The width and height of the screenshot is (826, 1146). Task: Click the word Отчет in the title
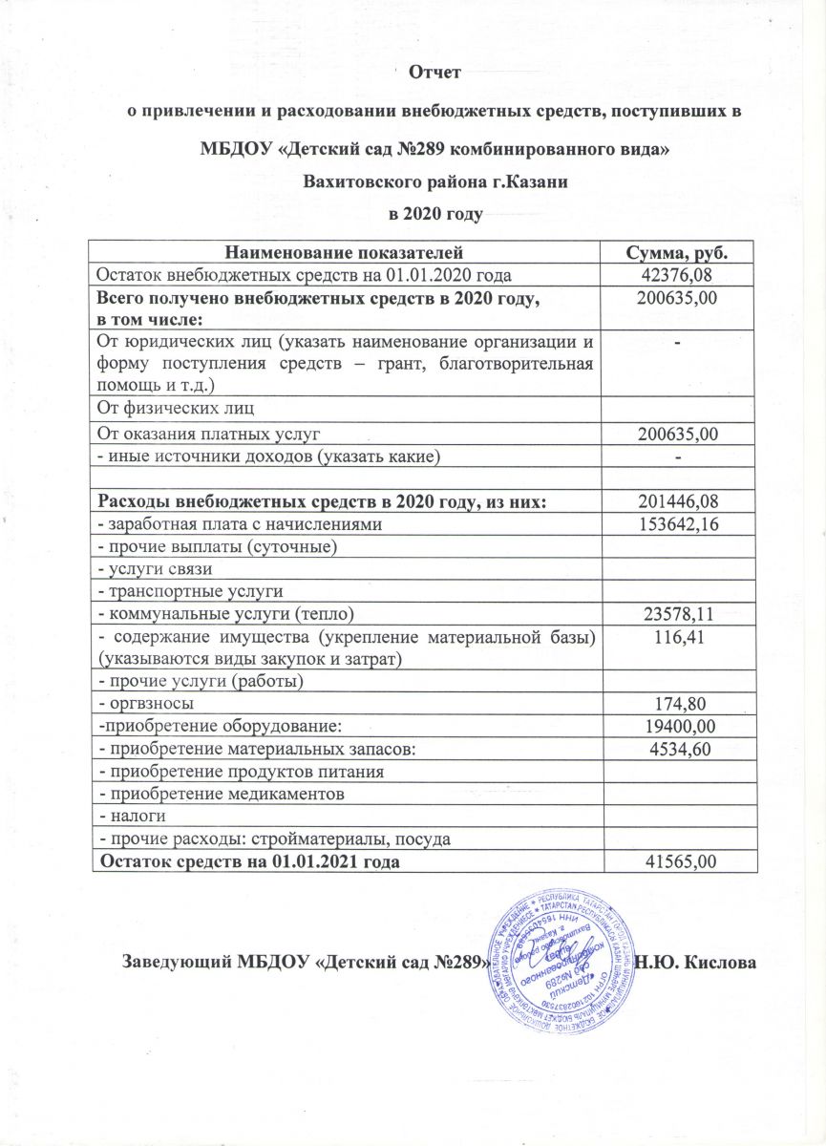point(434,72)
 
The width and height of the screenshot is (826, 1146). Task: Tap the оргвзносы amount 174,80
point(678,704)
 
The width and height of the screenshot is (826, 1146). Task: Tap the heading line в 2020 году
point(434,212)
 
